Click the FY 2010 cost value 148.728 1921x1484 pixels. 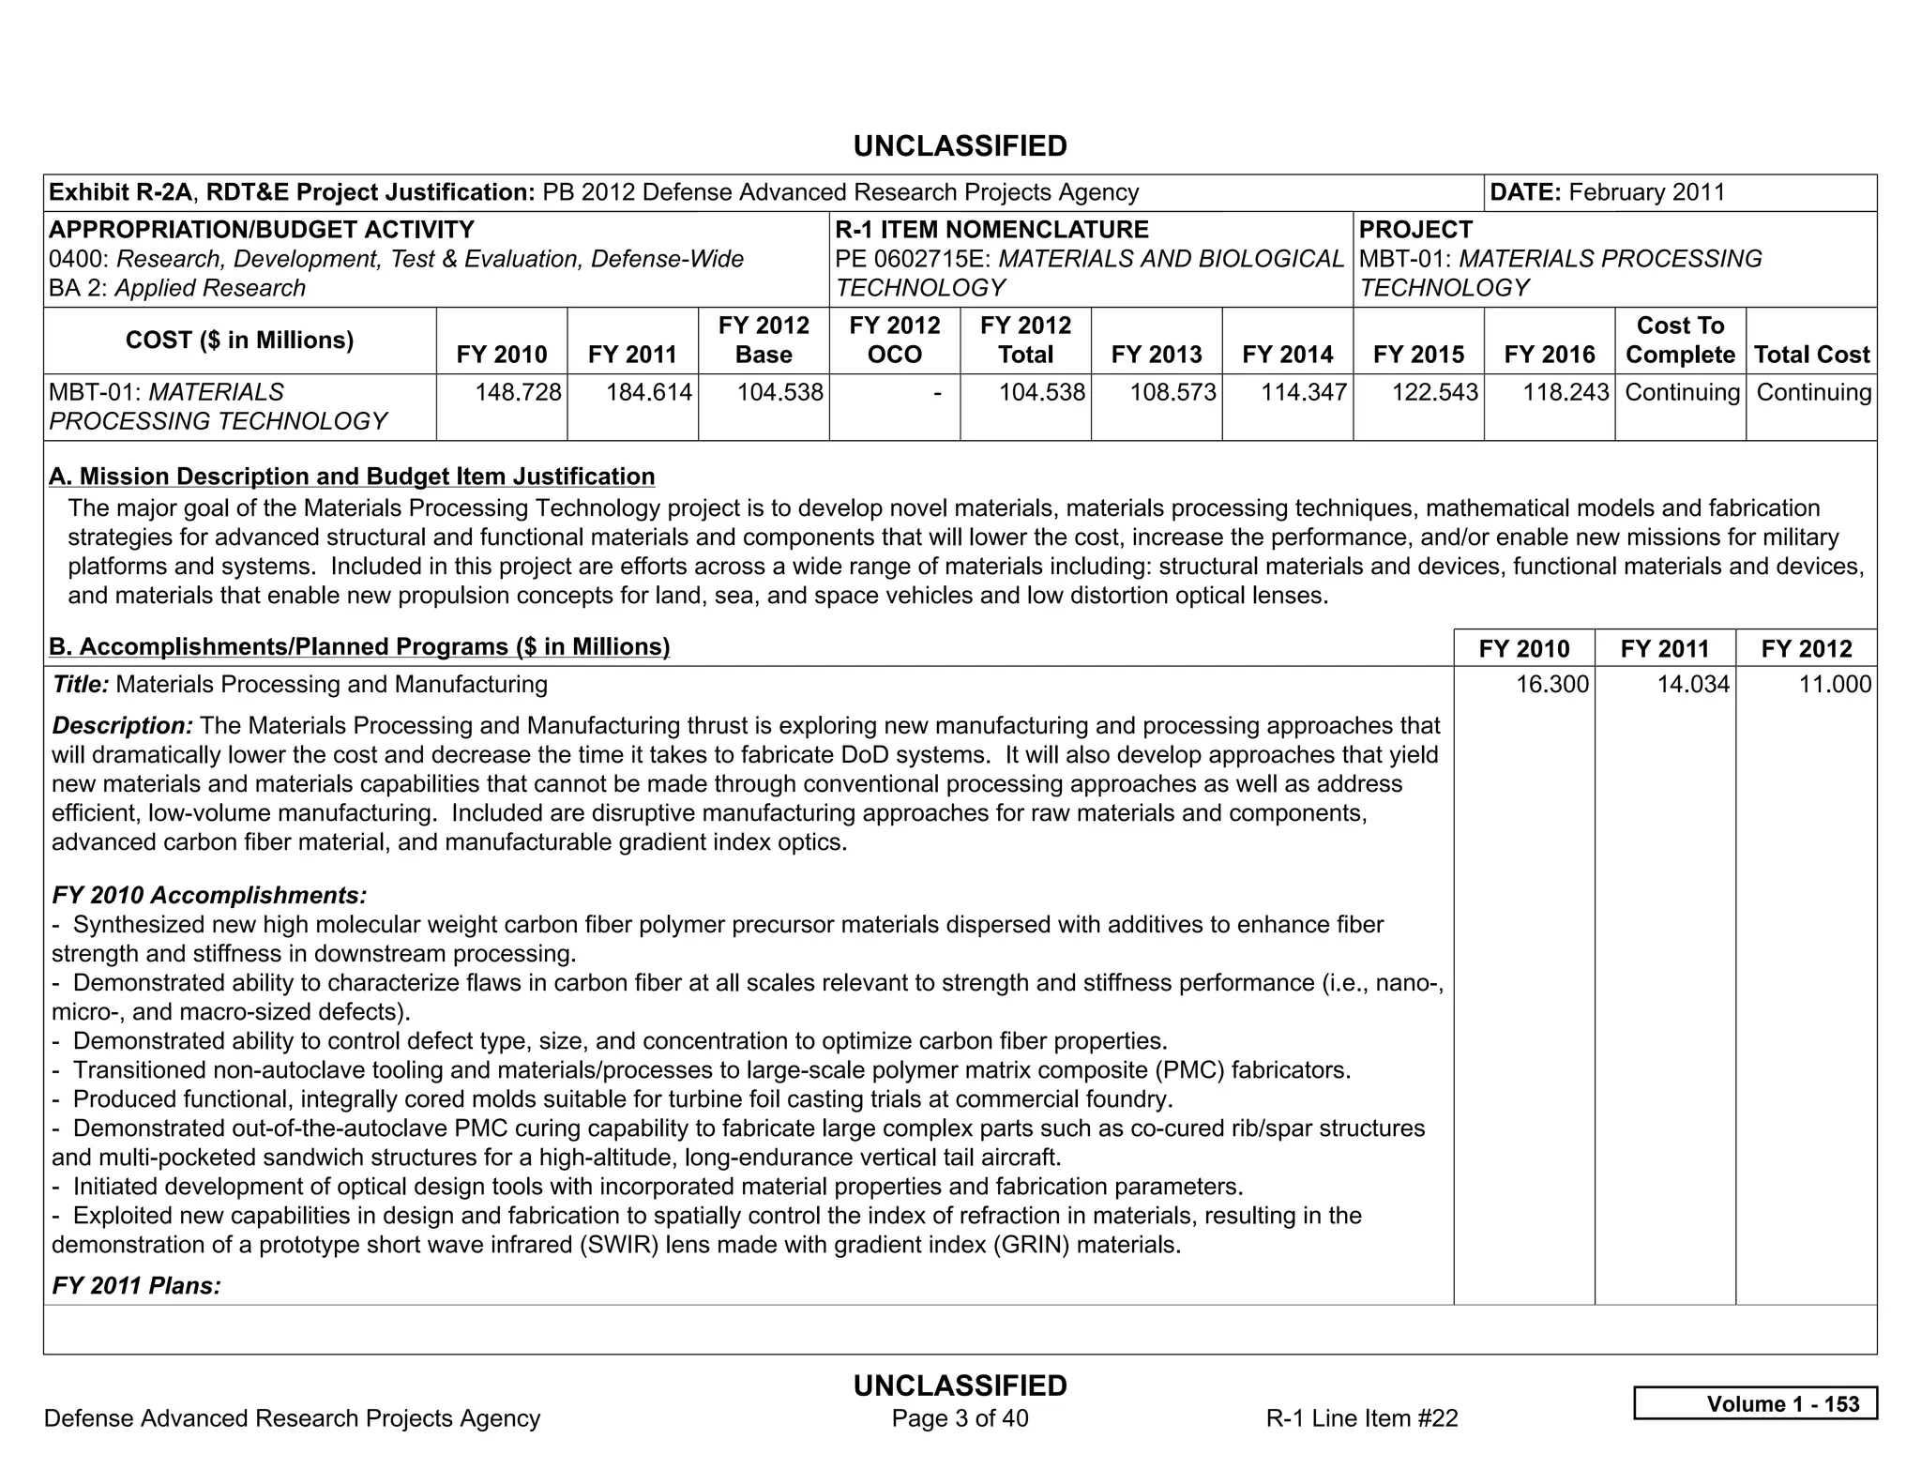coord(518,392)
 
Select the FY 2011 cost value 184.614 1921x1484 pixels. coord(649,392)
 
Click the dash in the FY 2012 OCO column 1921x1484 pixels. coord(937,393)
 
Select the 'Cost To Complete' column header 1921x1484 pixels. coord(1680,341)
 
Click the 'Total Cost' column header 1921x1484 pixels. coord(1811,355)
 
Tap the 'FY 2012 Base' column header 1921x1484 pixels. coord(764,341)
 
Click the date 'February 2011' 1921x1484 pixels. coord(1646,192)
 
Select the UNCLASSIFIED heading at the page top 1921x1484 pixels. coord(960,146)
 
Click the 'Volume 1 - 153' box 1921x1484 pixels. coord(1755,1403)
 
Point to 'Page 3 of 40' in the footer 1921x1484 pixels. coord(960,1418)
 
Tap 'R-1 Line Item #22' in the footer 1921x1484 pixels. coord(1362,1418)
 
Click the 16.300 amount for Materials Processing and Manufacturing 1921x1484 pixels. coord(1552,685)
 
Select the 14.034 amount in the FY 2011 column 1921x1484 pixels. coord(1693,685)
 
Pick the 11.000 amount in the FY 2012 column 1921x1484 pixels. coord(1835,685)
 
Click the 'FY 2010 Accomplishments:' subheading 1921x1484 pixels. coord(209,895)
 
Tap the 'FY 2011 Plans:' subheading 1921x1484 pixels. coord(136,1285)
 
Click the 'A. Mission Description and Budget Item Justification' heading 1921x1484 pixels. coord(352,477)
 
